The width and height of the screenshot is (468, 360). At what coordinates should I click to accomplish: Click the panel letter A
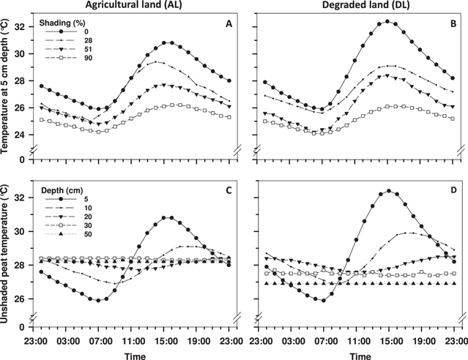click(x=228, y=23)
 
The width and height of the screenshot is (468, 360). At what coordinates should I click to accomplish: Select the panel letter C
click(x=228, y=192)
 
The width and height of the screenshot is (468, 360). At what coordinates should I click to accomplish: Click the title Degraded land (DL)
click(x=358, y=6)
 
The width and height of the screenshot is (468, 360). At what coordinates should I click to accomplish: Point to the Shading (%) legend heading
click(x=65, y=21)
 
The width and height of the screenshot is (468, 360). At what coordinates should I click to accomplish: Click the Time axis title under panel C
click(x=133, y=354)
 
